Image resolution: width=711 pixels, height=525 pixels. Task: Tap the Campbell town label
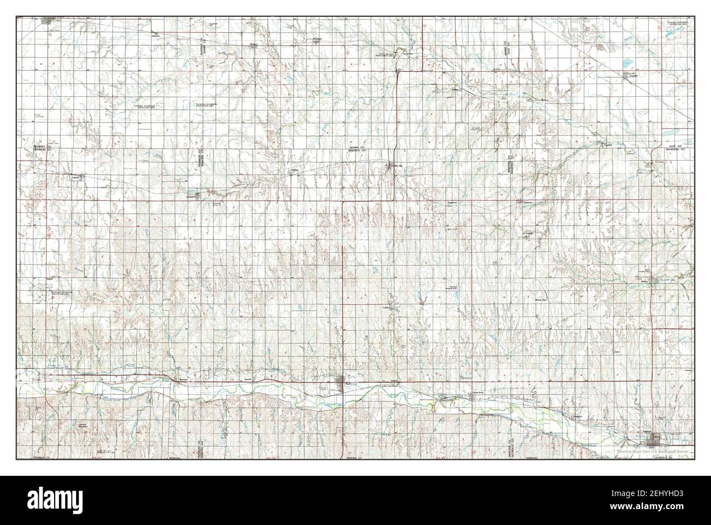click(191, 195)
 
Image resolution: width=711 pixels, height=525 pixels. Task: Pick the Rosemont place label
click(452, 202)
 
